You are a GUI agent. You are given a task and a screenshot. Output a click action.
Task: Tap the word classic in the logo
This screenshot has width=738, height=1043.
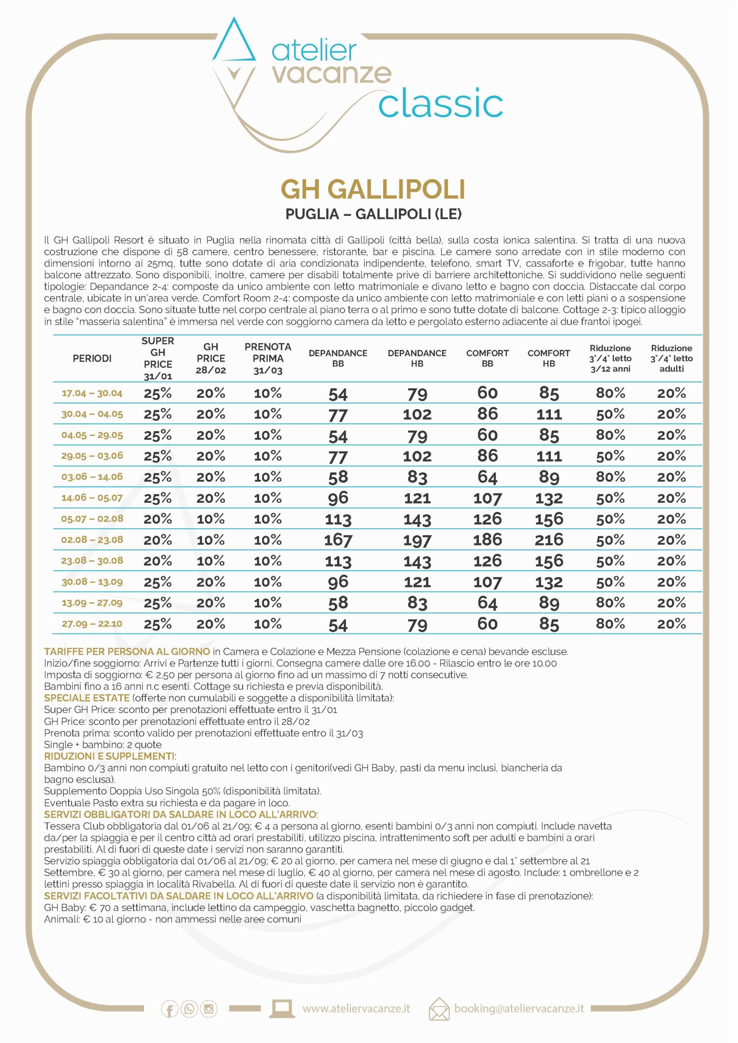441,104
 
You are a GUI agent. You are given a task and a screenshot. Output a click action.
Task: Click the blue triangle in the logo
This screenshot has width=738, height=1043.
234,43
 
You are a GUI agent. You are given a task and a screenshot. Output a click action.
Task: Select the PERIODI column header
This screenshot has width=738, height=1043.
92,359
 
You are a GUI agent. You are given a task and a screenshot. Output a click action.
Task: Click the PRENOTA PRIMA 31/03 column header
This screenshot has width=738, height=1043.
268,359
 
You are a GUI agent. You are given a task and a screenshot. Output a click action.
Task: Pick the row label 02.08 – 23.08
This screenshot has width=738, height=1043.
92,540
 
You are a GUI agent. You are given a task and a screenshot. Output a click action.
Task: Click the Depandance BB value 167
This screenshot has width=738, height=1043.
338,540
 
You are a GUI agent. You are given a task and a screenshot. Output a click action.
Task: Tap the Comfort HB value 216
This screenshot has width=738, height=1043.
549,540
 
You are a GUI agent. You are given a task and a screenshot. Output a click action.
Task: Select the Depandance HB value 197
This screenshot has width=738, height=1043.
417,540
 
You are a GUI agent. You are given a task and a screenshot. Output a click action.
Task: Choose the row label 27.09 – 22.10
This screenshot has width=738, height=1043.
92,624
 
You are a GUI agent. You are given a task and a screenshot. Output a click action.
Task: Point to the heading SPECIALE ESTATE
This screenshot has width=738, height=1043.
87,698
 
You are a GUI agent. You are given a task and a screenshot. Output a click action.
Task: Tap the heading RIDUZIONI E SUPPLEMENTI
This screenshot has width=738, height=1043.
109,756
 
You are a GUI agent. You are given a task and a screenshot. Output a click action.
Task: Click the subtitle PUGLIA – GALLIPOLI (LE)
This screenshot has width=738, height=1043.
373,214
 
